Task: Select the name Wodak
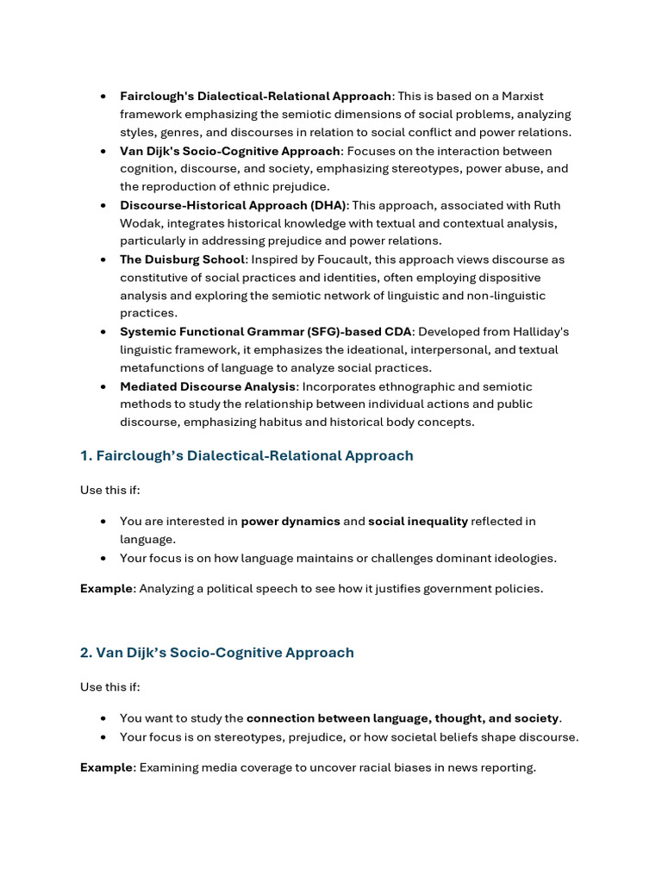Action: (x=141, y=223)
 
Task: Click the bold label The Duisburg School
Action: (x=183, y=260)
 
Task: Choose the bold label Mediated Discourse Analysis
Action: (x=208, y=386)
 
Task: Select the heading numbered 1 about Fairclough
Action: (x=247, y=455)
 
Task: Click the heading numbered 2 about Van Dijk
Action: (x=216, y=653)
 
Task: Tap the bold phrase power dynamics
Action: (x=290, y=521)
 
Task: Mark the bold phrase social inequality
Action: (x=418, y=521)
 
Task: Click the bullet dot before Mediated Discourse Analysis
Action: (x=103, y=386)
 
